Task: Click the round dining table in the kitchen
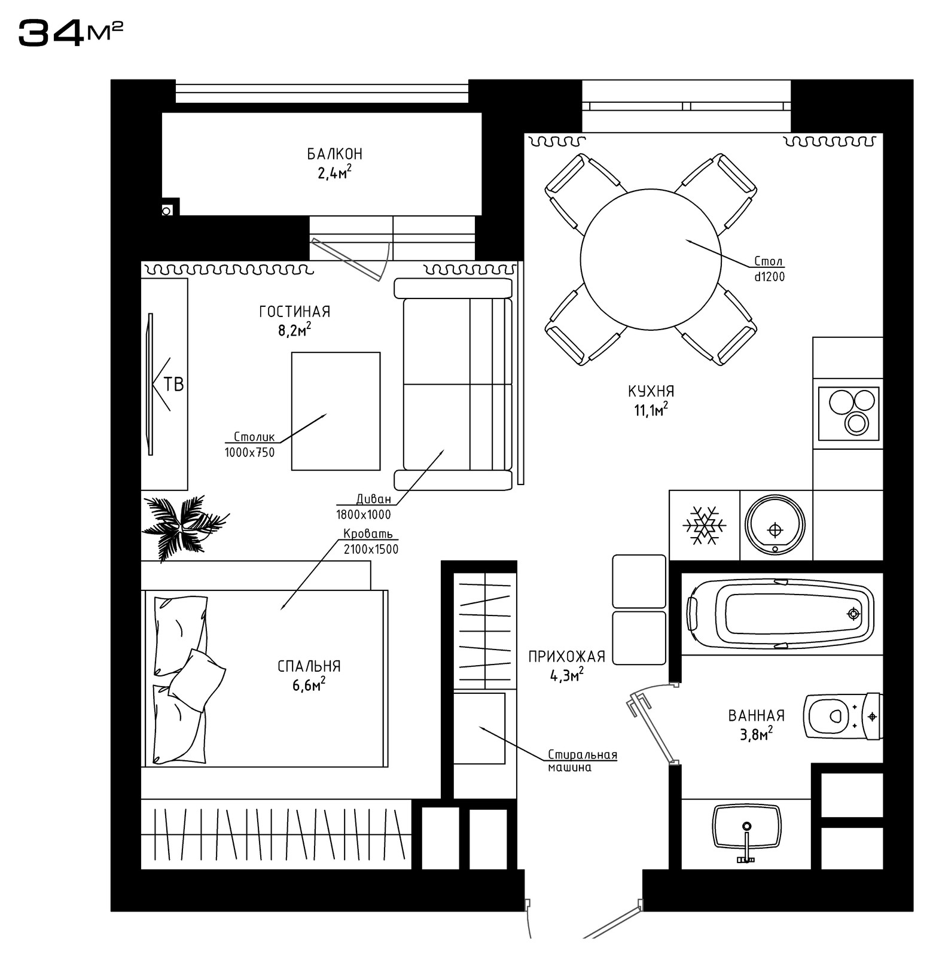[651, 258]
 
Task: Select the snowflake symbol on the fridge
[705, 526]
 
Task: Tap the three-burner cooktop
[848, 413]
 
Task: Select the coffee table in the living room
[336, 411]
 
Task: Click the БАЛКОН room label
[335, 154]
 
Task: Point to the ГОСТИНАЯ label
[295, 312]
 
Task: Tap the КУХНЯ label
[651, 392]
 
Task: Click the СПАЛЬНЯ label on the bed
[309, 666]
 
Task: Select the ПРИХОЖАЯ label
[567, 657]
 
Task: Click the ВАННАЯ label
[756, 715]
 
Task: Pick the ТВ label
[173, 384]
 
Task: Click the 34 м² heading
[71, 32]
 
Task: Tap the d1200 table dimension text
[769, 277]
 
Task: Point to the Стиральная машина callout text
[583, 761]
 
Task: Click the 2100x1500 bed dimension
[371, 549]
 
